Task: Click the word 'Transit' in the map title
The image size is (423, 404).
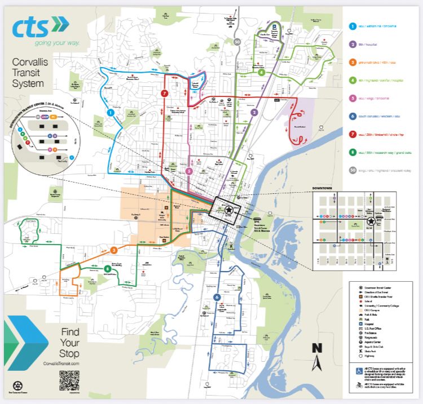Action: click(x=28, y=73)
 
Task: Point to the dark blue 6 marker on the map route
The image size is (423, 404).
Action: click(x=217, y=297)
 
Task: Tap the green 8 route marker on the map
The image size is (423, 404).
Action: click(x=107, y=269)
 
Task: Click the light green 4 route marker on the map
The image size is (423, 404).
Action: click(x=261, y=73)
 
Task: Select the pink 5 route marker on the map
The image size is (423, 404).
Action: click(x=189, y=171)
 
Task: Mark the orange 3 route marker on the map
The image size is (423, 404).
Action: click(x=113, y=250)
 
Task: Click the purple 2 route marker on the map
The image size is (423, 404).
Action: click(x=254, y=113)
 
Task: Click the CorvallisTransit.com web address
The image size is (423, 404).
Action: click(x=61, y=364)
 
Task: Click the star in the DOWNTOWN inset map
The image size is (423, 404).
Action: click(x=378, y=221)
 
